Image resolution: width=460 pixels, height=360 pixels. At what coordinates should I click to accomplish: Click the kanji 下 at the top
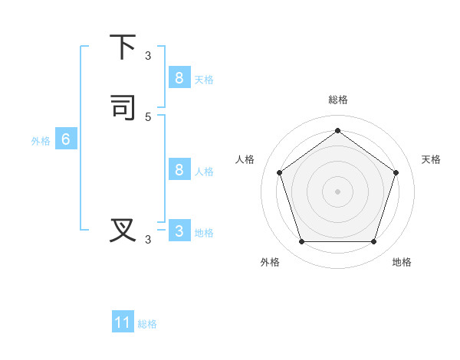(123, 47)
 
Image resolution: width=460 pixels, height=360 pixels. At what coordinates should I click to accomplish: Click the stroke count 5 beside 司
(148, 116)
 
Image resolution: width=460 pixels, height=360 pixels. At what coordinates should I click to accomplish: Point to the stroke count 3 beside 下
(148, 56)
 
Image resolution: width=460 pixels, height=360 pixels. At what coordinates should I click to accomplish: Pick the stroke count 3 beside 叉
(148, 240)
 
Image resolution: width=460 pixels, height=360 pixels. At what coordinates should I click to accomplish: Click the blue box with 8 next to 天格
(179, 77)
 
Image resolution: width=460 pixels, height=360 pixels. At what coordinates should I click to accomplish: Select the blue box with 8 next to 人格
(179, 169)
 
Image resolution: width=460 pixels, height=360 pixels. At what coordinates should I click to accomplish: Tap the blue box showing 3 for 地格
(179, 231)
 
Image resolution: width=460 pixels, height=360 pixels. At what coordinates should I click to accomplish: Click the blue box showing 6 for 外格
(66, 139)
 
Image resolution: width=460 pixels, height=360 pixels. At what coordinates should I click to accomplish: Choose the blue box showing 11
(123, 322)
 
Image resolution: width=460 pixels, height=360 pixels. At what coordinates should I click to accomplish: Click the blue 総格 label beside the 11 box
(147, 324)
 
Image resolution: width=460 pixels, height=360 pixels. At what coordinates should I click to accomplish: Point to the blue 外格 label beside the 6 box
(41, 141)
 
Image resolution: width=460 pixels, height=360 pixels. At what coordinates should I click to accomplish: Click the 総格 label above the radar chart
(337, 100)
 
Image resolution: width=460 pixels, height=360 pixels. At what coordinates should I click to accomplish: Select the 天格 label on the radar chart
(431, 159)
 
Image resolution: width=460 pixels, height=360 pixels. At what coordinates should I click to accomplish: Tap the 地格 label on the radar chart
(402, 262)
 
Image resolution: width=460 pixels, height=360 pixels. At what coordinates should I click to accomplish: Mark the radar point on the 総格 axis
(337, 130)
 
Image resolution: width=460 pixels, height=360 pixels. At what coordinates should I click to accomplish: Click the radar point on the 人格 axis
(279, 172)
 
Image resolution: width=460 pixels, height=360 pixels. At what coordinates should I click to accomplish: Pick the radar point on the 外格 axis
(301, 241)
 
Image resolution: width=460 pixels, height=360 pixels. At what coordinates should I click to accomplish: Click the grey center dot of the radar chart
(337, 191)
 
